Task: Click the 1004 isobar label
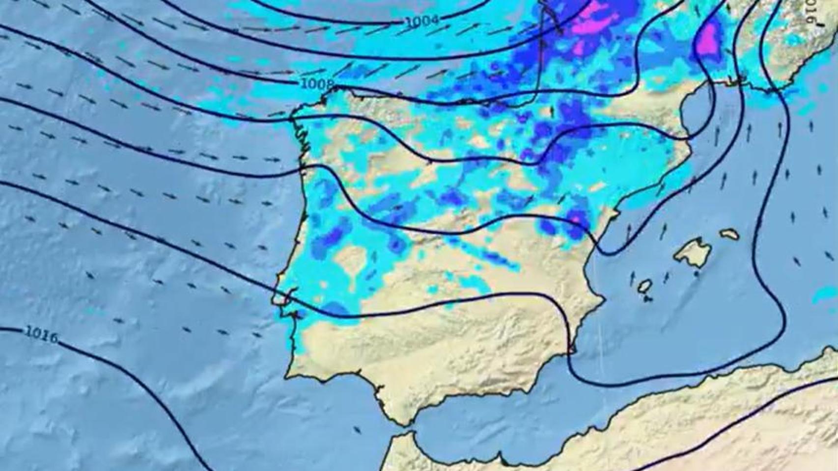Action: (422, 21)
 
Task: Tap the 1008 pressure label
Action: (317, 84)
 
